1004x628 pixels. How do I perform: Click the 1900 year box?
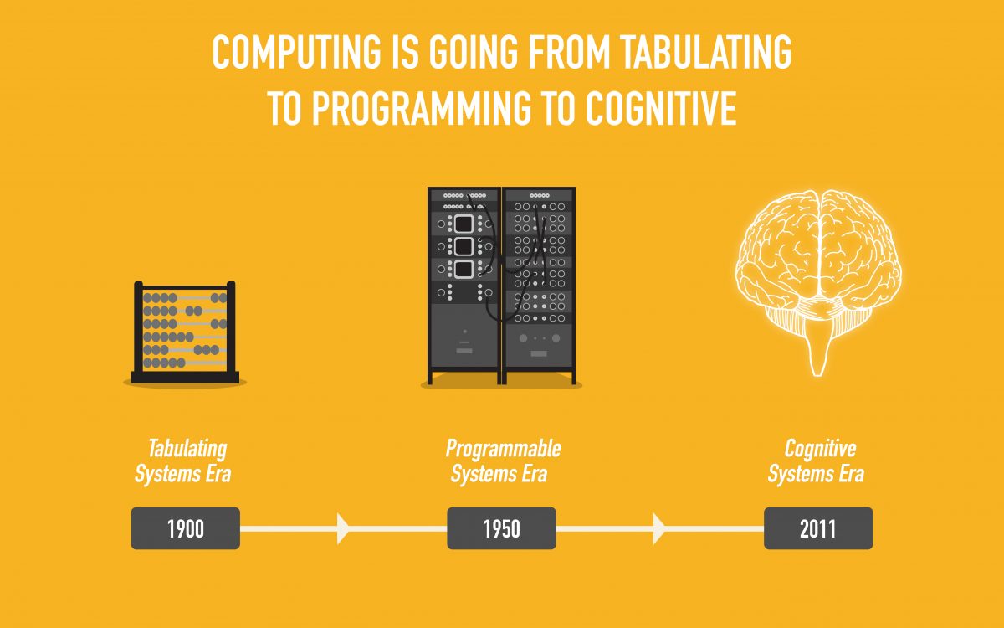[x=185, y=528]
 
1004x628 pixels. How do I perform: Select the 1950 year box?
[x=501, y=528]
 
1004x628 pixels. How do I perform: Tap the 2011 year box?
[x=817, y=528]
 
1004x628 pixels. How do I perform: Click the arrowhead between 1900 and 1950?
[x=343, y=528]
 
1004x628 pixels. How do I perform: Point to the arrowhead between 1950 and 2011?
[x=659, y=528]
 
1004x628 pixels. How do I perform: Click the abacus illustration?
[x=185, y=331]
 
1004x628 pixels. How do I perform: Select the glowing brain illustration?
[x=817, y=251]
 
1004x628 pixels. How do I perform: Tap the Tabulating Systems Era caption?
[x=182, y=461]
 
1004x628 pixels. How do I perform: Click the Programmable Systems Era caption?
[x=501, y=461]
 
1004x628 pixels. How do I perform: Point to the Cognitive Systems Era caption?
[x=817, y=461]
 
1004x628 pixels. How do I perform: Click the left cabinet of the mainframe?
[x=464, y=285]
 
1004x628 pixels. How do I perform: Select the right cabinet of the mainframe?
[x=539, y=285]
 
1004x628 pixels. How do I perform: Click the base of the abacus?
[x=185, y=377]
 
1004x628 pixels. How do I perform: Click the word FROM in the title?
[x=556, y=54]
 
